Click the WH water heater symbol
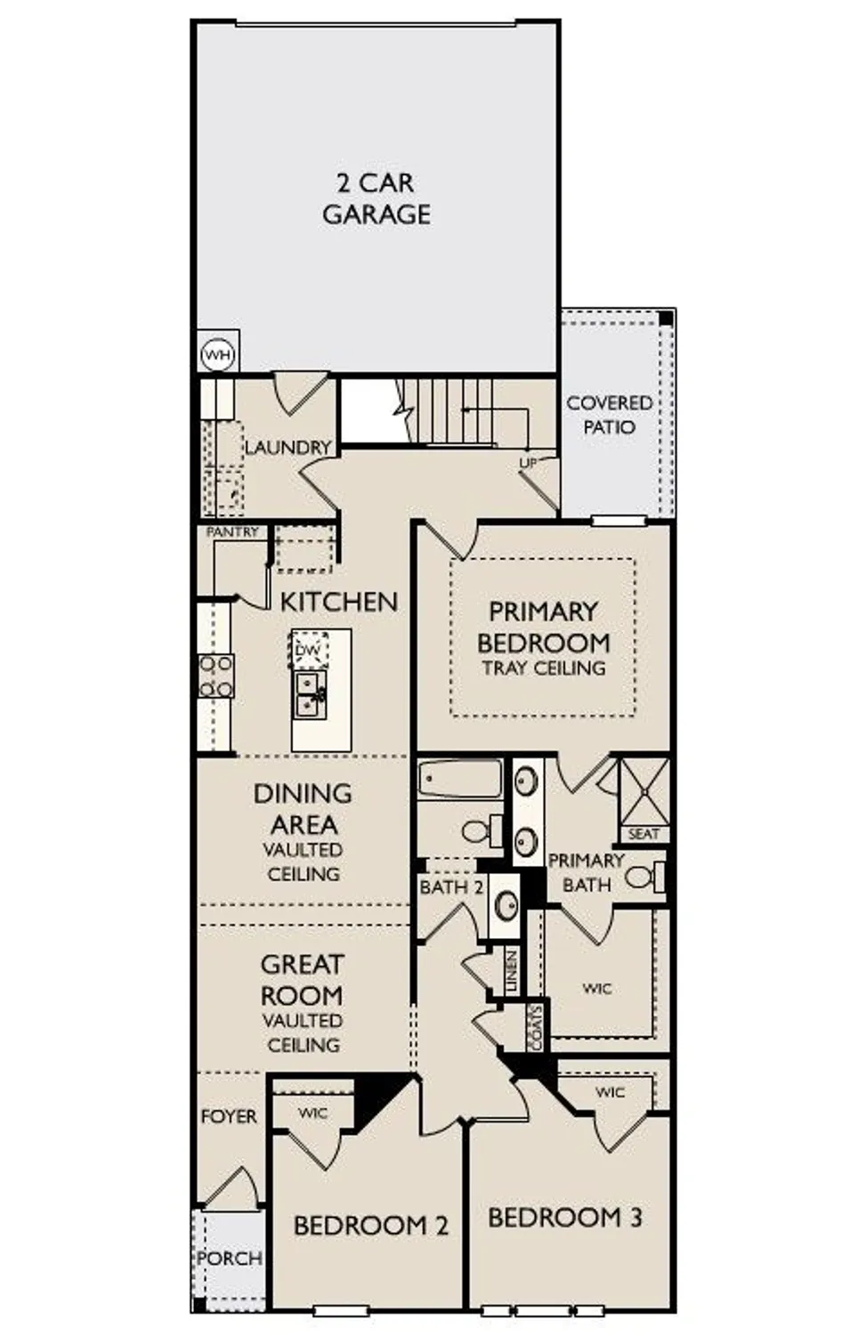point(218,355)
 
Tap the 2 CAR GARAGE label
point(376,198)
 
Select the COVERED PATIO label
point(610,415)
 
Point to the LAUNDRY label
point(287,447)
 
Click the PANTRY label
point(232,532)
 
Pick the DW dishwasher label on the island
point(307,651)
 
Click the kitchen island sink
point(310,694)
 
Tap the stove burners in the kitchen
point(216,676)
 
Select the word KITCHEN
point(338,602)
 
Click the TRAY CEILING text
point(543,667)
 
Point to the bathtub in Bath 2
point(460,780)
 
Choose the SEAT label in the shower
point(643,834)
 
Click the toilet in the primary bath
point(644,877)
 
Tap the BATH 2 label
point(451,887)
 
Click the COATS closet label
point(535,1028)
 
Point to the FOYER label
point(229,1116)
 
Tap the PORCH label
point(230,1258)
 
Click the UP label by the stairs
point(528,463)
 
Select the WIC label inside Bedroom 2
point(312,1112)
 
